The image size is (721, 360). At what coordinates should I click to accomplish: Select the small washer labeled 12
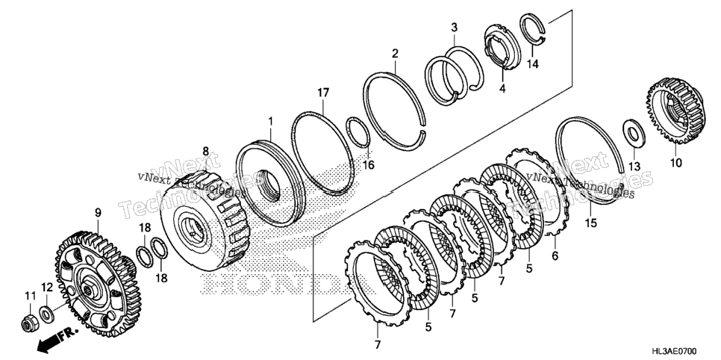coord(46,314)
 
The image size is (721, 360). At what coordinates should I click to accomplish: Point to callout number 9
coord(98,213)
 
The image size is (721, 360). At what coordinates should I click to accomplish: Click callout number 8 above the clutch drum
coord(205,151)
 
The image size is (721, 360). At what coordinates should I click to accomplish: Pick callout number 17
coord(322,93)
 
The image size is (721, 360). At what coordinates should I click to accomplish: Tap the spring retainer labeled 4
coord(502,48)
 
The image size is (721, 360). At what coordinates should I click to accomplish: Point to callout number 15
coord(591,223)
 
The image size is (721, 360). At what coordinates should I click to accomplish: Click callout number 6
coord(555,255)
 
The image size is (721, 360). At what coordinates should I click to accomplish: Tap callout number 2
coord(395,53)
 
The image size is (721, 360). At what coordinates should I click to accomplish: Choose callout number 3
coord(454,27)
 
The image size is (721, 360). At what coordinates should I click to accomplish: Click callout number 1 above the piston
coord(271,122)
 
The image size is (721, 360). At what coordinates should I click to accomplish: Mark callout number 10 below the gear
coord(676,163)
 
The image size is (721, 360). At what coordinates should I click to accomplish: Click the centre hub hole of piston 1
coord(269,186)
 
